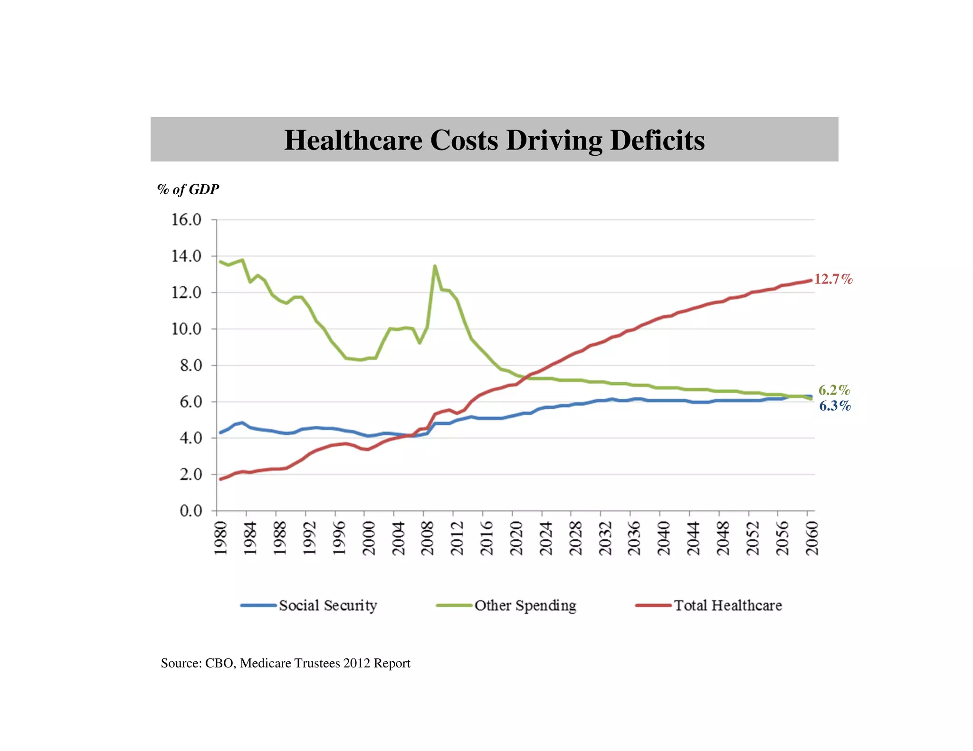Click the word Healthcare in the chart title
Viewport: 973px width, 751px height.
coord(353,140)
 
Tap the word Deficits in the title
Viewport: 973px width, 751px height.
coord(657,140)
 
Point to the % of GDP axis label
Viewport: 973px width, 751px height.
coord(188,189)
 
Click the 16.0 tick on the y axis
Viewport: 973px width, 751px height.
coord(186,220)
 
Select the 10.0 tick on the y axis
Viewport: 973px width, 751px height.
coord(186,329)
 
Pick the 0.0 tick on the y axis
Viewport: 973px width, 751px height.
coord(191,511)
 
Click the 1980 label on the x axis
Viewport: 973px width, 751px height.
coord(220,538)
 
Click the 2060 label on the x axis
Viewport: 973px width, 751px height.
coord(812,538)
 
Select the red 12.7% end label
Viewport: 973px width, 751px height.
coord(833,279)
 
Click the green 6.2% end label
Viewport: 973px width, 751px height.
coord(834,390)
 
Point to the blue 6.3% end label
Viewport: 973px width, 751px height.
coord(835,406)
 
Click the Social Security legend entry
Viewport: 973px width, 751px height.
coord(327,605)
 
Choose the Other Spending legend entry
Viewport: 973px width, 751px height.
coord(525,605)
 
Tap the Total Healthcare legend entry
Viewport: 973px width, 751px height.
coord(727,605)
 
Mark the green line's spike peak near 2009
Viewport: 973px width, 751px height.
coord(435,266)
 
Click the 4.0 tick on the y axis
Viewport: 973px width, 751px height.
coord(191,438)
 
